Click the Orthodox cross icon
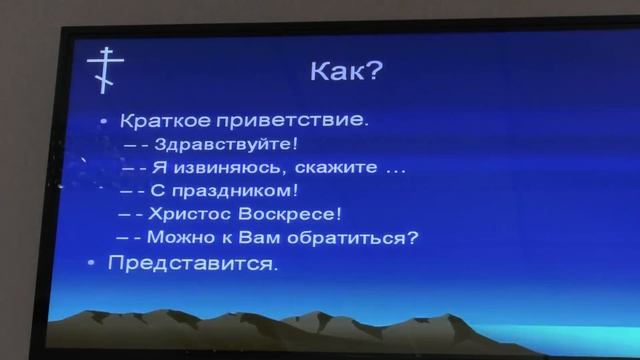pyautogui.click(x=101, y=69)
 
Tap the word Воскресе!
pyautogui.click(x=294, y=214)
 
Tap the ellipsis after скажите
pyautogui.click(x=395, y=170)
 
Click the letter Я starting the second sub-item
pyautogui.click(x=159, y=167)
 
